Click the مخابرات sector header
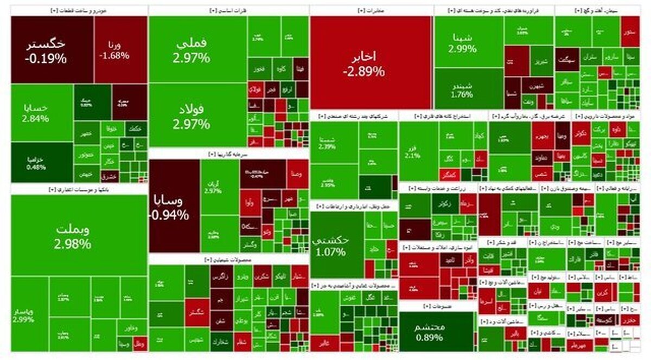pyautogui.click(x=372, y=10)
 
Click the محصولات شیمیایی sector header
pyautogui.click(x=228, y=260)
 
